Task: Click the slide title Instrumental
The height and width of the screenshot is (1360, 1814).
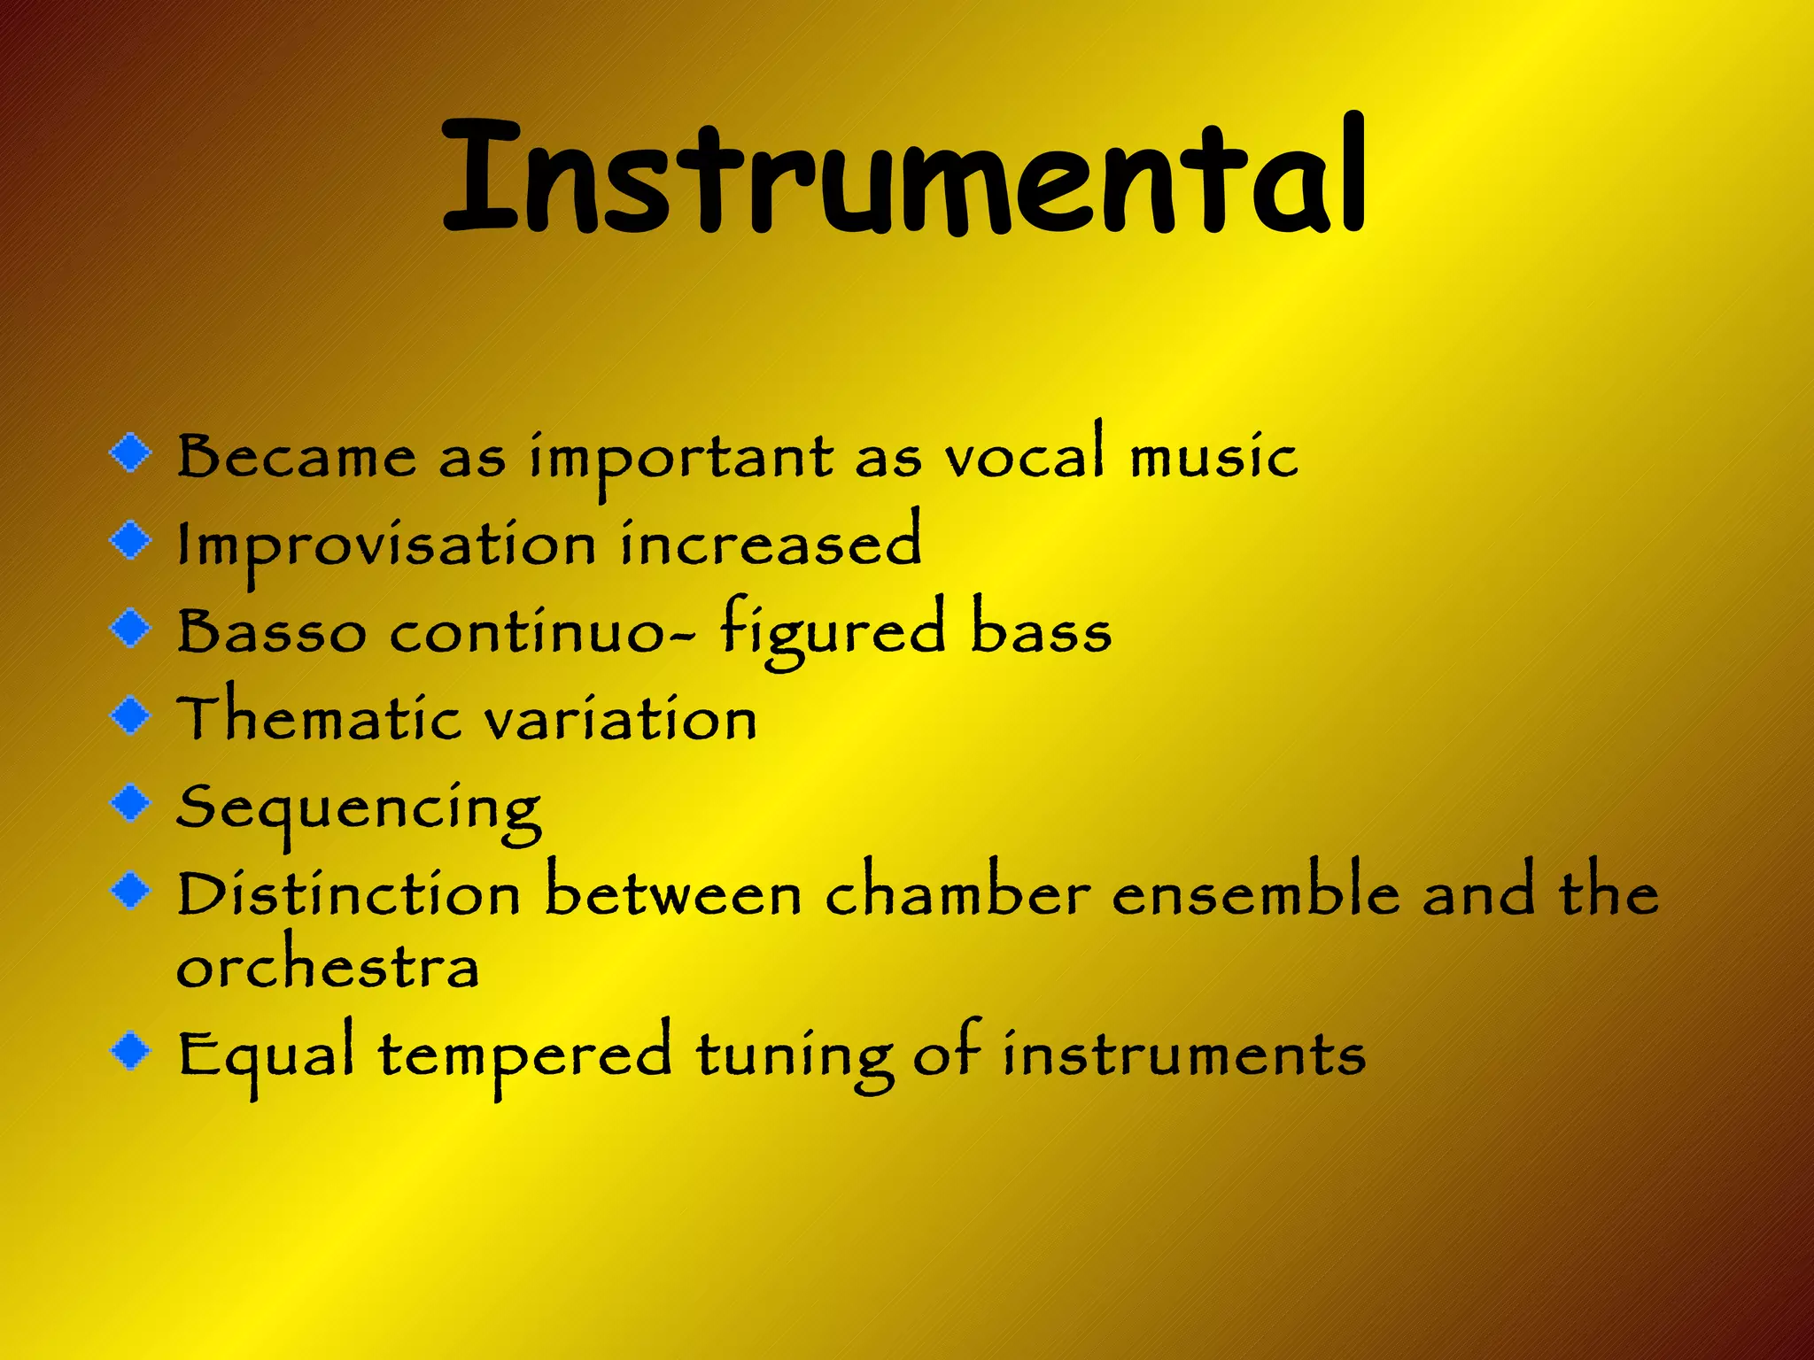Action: (x=903, y=177)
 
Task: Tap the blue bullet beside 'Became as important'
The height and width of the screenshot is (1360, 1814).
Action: (x=131, y=452)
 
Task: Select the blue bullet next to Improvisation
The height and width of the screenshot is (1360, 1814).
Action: (x=131, y=539)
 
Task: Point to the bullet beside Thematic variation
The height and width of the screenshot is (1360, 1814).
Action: (x=131, y=715)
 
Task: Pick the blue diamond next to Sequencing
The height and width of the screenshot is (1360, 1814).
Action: (x=131, y=802)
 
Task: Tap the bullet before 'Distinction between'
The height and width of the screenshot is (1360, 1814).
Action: (x=131, y=890)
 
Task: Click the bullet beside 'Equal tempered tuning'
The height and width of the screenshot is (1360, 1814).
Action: (x=131, y=1050)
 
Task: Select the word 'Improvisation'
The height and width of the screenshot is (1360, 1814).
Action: (x=387, y=545)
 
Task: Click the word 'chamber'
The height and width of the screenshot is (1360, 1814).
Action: (x=957, y=892)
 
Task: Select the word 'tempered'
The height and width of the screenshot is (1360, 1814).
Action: (x=525, y=1055)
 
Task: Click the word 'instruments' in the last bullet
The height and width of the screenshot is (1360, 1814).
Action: (x=1184, y=1055)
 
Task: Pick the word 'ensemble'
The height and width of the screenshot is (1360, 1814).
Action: (x=1256, y=892)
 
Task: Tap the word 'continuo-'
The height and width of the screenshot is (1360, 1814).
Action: (x=542, y=632)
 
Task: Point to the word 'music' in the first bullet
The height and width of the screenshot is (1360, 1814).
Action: (x=1214, y=456)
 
